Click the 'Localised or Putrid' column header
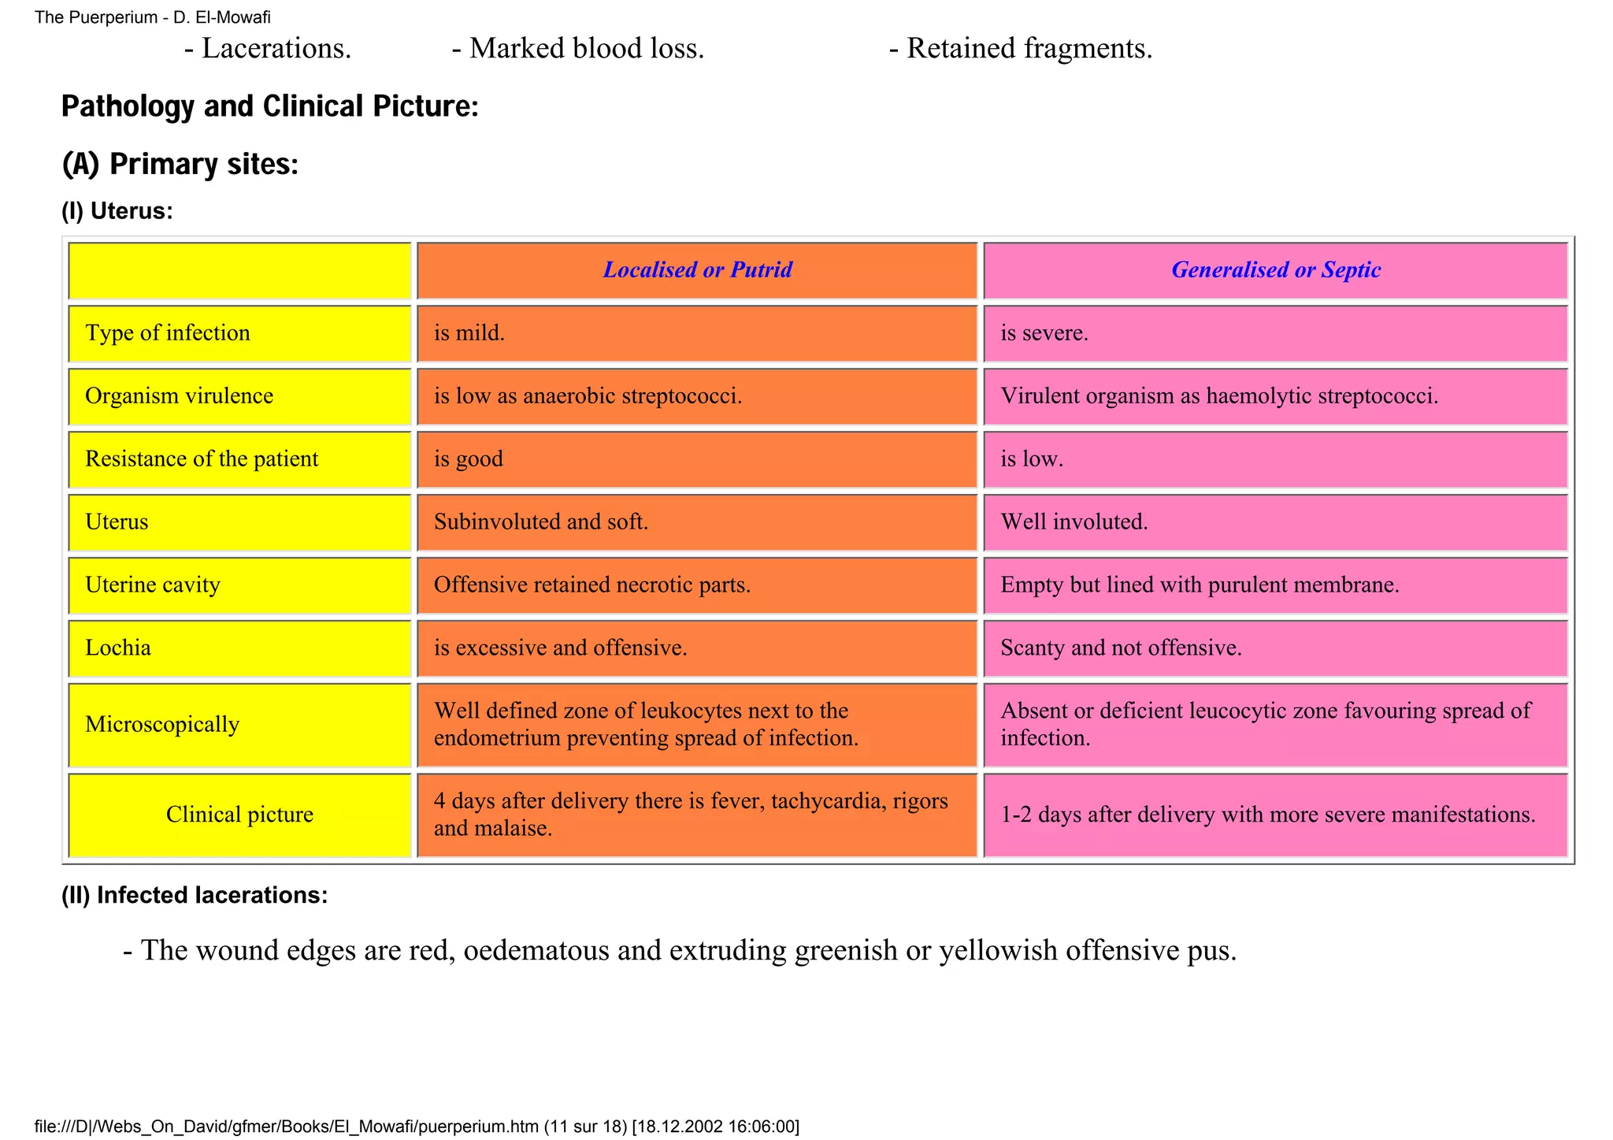(x=697, y=270)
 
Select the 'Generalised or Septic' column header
(x=1275, y=270)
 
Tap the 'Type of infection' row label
(x=168, y=333)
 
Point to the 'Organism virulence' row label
(x=180, y=396)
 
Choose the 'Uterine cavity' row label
(x=153, y=585)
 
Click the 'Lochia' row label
(x=118, y=648)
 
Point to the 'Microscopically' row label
(x=162, y=725)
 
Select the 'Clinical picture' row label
(x=239, y=815)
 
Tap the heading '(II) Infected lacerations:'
(x=195, y=896)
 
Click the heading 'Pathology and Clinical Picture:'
(x=269, y=106)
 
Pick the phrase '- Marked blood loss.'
(x=578, y=49)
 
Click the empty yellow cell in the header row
(x=239, y=270)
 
